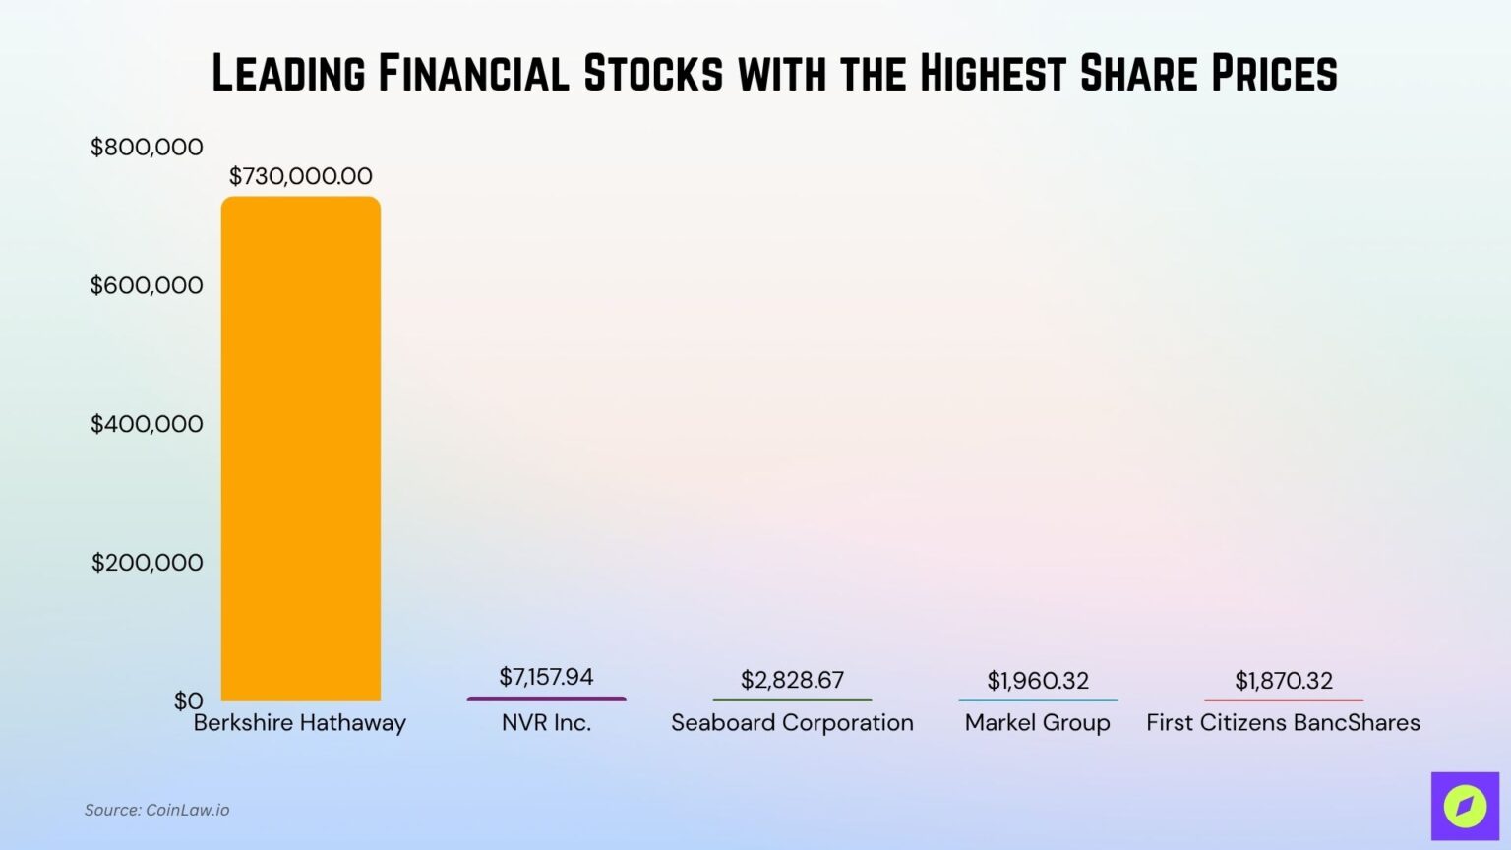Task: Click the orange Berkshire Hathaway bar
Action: [x=300, y=448]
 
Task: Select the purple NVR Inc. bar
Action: [x=546, y=698]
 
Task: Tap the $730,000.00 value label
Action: [x=300, y=176]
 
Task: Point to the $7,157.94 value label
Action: [x=546, y=677]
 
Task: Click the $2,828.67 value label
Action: [x=792, y=680]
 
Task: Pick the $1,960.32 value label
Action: [x=1038, y=681]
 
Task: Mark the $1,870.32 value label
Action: [x=1284, y=681]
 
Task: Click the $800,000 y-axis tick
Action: [x=147, y=148]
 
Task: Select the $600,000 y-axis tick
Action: [x=147, y=285]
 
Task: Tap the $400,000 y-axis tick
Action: [x=147, y=424]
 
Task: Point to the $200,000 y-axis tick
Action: [x=147, y=563]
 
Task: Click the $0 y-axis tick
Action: [x=188, y=700]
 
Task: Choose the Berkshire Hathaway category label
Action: [x=300, y=723]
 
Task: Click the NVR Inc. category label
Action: [x=546, y=723]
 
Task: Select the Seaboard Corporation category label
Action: [x=792, y=723]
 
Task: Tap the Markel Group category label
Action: [x=1038, y=723]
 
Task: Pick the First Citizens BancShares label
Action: [x=1284, y=723]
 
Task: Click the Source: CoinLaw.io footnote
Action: [x=156, y=810]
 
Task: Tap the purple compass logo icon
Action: [x=1465, y=807]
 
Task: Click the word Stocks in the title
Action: [x=653, y=74]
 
